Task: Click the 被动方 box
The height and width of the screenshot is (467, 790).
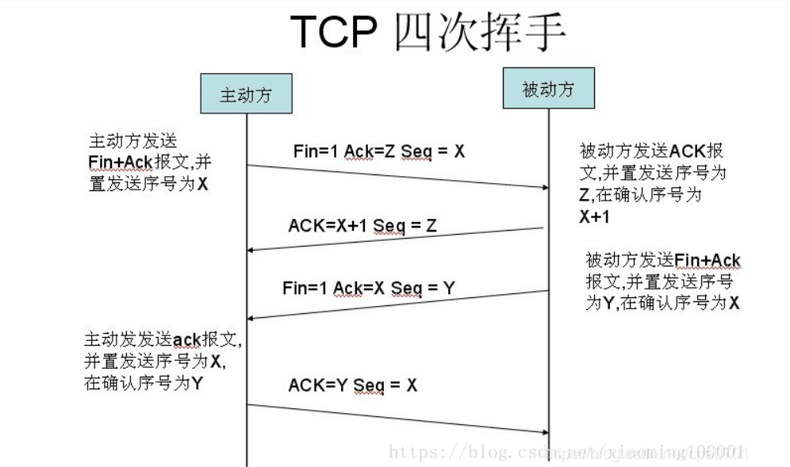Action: click(548, 90)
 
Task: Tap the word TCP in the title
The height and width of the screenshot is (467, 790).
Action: click(336, 33)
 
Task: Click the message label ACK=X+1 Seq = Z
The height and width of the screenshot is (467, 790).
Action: click(362, 227)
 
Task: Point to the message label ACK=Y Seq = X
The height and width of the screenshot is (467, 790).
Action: click(353, 385)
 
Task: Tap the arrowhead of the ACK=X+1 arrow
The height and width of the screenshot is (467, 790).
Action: click(252, 251)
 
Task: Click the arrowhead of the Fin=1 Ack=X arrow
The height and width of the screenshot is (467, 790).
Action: click(252, 318)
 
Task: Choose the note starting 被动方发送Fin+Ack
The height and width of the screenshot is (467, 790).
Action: click(663, 281)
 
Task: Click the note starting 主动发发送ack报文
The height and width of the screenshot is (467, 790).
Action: click(163, 361)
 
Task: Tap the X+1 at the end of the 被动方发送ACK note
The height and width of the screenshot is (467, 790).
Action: click(592, 217)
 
